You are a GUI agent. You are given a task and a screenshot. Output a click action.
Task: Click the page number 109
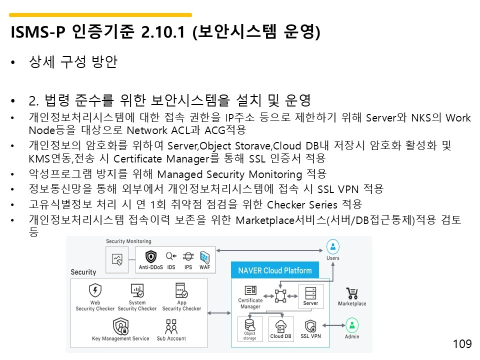(x=462, y=344)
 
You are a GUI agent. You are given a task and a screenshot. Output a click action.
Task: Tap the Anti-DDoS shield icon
(x=150, y=257)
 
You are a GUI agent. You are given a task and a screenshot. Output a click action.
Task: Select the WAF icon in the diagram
(x=204, y=257)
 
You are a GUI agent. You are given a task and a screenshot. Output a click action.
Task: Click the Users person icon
(x=332, y=246)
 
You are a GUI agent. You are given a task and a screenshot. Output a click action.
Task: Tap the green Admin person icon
(x=352, y=325)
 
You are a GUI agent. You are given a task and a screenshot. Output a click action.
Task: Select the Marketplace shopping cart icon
(x=352, y=293)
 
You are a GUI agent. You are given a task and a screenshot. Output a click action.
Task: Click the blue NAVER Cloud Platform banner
(x=274, y=270)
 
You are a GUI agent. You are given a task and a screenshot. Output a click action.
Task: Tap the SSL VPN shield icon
(x=310, y=326)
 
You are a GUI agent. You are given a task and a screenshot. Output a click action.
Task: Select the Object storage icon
(x=250, y=325)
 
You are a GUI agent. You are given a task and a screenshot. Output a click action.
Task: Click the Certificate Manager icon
(x=250, y=290)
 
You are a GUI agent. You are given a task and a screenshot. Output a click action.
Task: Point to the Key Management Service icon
(x=120, y=326)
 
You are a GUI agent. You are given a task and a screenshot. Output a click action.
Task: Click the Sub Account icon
(x=171, y=326)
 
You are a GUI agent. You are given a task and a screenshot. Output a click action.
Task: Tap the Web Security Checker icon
(x=95, y=290)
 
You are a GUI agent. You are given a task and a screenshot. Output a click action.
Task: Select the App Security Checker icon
(x=181, y=290)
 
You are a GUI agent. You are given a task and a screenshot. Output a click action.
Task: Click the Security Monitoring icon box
(x=117, y=259)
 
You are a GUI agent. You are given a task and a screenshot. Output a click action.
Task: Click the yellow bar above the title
(x=100, y=15)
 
